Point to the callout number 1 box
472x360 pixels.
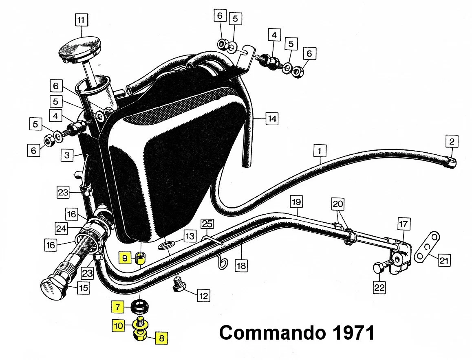click(x=320, y=151)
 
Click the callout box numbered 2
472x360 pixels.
click(x=451, y=142)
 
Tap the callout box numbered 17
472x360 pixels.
click(x=403, y=224)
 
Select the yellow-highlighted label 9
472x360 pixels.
click(x=125, y=257)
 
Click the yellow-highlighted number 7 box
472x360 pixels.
click(x=117, y=307)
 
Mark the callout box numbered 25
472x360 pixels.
click(x=207, y=224)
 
